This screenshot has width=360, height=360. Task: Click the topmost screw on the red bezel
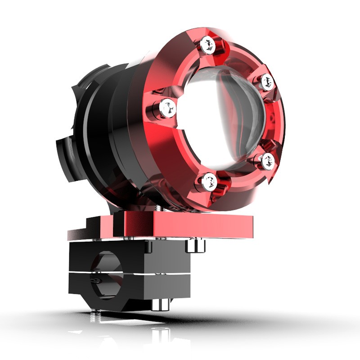click(207, 44)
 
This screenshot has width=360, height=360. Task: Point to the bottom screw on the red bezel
click(208, 181)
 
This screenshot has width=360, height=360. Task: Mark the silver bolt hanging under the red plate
click(195, 246)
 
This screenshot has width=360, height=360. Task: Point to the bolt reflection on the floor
click(160, 335)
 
